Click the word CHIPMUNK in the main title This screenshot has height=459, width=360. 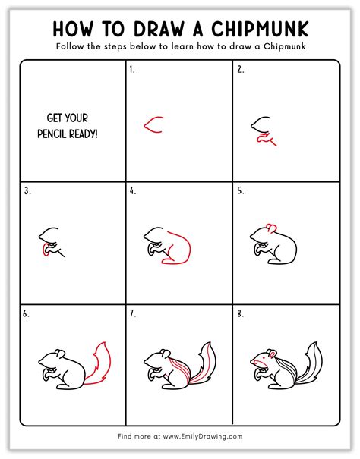coord(260,29)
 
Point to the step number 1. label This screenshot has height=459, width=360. coord(132,70)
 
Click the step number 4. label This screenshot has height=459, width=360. coord(133,191)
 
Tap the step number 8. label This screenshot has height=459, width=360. coord(241,314)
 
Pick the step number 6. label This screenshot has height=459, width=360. coord(26,314)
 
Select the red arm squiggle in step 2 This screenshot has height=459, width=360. coord(265,139)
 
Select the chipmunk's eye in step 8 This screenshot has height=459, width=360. coord(264,357)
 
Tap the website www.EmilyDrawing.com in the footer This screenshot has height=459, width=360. coord(203,436)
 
